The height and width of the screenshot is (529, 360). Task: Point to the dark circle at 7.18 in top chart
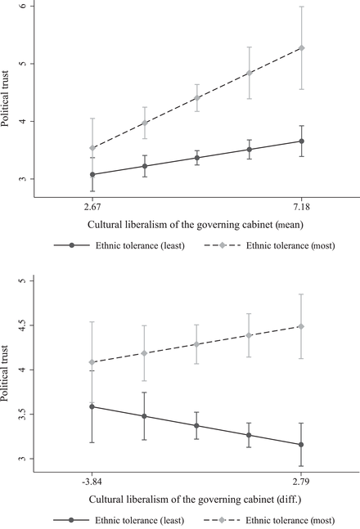[x=302, y=141]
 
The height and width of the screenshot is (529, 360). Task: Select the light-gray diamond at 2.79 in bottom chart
[x=302, y=326]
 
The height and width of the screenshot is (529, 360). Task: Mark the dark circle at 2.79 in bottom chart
[x=302, y=445]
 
